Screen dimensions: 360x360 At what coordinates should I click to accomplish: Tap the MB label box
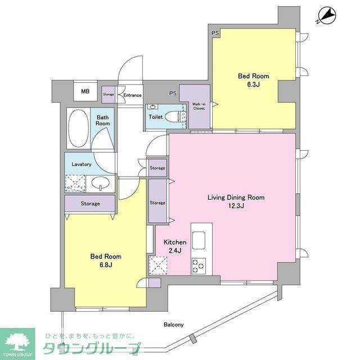point(85,92)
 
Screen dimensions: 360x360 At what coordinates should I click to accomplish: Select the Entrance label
point(132,95)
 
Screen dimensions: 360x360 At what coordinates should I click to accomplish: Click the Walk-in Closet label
point(199,106)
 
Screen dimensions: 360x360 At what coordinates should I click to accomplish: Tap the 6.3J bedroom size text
point(253,85)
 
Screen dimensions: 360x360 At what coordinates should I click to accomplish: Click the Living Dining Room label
point(236,197)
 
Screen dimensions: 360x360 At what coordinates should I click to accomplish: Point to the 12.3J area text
point(236,206)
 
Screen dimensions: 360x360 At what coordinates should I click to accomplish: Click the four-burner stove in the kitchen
point(199,264)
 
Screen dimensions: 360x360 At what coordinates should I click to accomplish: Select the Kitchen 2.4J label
point(174,246)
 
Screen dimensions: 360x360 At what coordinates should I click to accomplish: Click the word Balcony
point(174,325)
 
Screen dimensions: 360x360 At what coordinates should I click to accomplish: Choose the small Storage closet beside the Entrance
point(108,94)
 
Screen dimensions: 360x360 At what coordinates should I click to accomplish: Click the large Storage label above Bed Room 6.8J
point(89,204)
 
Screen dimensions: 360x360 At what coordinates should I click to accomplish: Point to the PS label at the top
point(215,34)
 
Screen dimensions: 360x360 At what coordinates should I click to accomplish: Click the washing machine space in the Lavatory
point(75,183)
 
